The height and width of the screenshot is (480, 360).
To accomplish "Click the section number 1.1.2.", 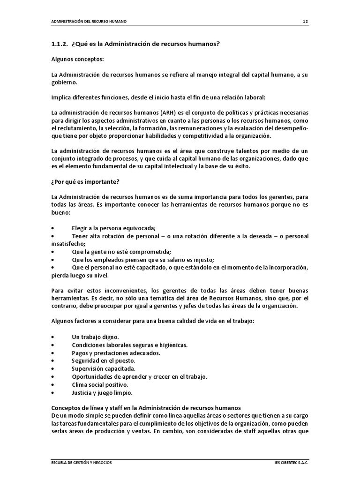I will pos(60,44).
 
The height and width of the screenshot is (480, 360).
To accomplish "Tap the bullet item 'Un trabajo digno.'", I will pos(95,337).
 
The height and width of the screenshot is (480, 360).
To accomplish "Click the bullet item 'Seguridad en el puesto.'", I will pos(103,360).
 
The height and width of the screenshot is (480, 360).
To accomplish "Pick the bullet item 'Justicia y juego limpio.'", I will pos(102,392).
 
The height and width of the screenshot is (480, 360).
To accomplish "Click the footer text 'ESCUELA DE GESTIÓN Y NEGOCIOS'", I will pos(82,462).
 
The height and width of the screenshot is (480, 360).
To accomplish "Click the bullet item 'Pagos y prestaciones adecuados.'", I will pos(116,353).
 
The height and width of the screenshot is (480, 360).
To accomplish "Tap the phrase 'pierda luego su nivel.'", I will pos(80,275).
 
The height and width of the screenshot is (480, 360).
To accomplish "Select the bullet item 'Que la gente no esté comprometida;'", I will pos(121,251).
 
